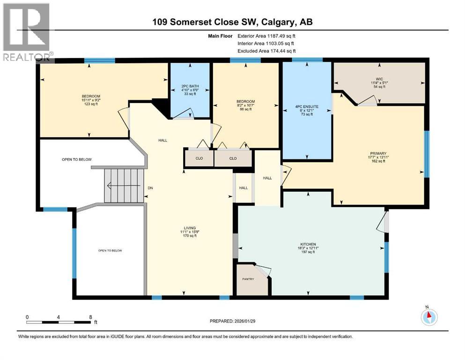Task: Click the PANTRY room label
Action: pyautogui.click(x=248, y=279)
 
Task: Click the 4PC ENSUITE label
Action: pyautogui.click(x=307, y=107)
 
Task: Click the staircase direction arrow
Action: pyautogui.click(x=123, y=186)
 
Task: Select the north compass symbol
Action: pyautogui.click(x=428, y=316)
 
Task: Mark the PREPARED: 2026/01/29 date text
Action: pyautogui.click(x=234, y=321)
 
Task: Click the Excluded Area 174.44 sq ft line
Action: pyautogui.click(x=267, y=51)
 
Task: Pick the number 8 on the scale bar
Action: pyautogui.click(x=90, y=317)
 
